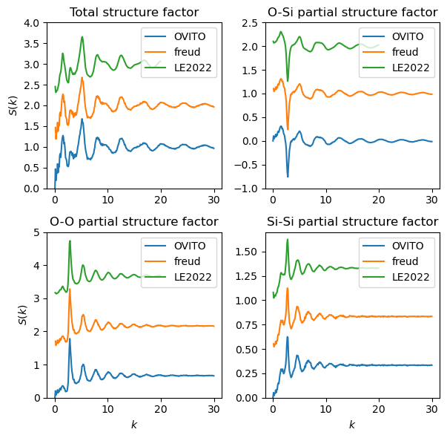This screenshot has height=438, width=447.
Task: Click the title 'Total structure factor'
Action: pos(134,12)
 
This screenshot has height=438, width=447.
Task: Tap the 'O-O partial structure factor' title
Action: pos(134,221)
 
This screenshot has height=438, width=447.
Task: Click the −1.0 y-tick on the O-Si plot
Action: pos(249,189)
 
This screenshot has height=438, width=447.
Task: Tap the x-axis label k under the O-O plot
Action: pos(134,425)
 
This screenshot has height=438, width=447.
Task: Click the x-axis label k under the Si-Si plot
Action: pos(351,425)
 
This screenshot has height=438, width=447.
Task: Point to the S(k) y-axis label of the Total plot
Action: pos(13,105)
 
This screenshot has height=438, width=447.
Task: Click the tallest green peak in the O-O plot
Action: pos(70,241)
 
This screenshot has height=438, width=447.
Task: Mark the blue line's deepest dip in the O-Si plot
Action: pos(288,177)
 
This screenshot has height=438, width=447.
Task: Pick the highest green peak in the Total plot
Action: pos(82,36)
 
